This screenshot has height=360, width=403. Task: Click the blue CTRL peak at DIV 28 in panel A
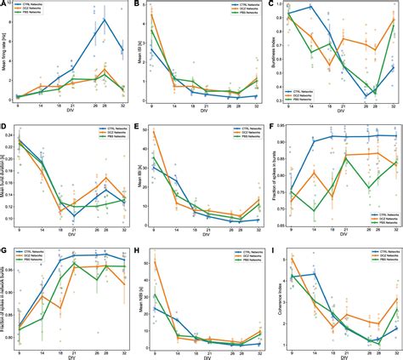[x=104, y=19]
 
